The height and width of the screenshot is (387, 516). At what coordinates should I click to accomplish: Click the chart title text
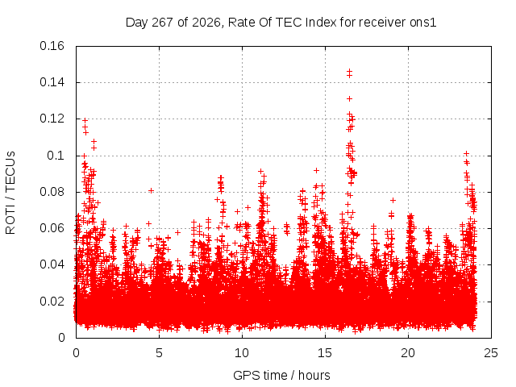pyautogui.click(x=281, y=23)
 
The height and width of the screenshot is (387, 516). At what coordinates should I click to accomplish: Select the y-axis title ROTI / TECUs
pyautogui.click(x=10, y=193)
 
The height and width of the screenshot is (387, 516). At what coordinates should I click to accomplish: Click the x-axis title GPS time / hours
pyautogui.click(x=281, y=375)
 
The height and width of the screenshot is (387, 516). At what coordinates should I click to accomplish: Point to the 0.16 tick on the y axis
pyautogui.click(x=52, y=46)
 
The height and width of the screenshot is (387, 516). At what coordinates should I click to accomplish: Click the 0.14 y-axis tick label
pyautogui.click(x=52, y=82)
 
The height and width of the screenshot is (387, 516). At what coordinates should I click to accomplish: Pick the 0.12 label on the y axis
pyautogui.click(x=52, y=119)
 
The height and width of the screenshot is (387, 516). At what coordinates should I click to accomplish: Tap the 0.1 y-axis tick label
pyautogui.click(x=56, y=156)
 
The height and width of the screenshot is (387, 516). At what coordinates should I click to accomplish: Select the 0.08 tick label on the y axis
pyautogui.click(x=52, y=192)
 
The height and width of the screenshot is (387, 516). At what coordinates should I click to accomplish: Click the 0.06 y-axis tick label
pyautogui.click(x=52, y=228)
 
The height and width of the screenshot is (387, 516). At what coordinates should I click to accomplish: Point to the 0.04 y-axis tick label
pyautogui.click(x=52, y=264)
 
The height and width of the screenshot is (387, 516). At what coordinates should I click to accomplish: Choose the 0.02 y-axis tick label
pyautogui.click(x=52, y=301)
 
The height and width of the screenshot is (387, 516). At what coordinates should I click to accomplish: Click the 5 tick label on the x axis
pyautogui.click(x=160, y=353)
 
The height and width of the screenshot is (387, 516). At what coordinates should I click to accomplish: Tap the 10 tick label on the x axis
pyautogui.click(x=242, y=353)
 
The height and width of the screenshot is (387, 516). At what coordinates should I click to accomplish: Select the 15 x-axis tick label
pyautogui.click(x=325, y=353)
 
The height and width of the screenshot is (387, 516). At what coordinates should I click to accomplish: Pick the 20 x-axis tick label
pyautogui.click(x=408, y=353)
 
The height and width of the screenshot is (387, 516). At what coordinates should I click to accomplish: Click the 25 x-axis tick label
pyautogui.click(x=491, y=353)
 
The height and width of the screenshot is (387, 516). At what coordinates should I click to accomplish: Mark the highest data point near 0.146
pyautogui.click(x=349, y=71)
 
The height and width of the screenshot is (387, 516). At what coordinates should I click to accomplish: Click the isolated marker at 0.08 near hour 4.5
pyautogui.click(x=151, y=190)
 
